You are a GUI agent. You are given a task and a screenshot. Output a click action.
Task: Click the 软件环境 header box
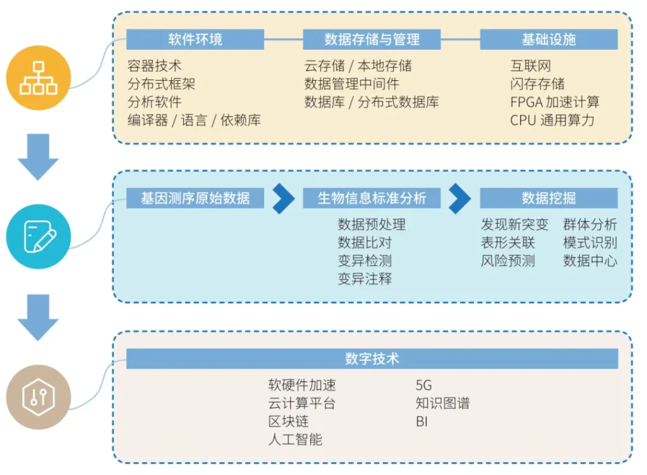click(x=195, y=40)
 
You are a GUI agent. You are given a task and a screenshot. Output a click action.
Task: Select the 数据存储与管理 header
click(x=372, y=40)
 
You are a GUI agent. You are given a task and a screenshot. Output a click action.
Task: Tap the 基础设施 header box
click(x=549, y=40)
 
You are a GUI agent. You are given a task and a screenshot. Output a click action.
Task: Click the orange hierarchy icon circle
click(x=39, y=78)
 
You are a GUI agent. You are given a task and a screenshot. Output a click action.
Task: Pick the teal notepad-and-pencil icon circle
click(x=39, y=237)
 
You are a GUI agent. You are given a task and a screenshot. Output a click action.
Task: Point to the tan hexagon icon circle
click(x=39, y=397)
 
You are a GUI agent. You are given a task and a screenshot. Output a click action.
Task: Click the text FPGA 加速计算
click(x=555, y=102)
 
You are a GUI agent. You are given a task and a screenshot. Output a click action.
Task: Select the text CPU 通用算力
click(x=552, y=120)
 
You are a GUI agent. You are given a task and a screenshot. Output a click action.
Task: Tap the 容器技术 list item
click(x=154, y=66)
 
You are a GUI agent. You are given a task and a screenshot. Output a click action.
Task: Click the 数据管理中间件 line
click(x=351, y=84)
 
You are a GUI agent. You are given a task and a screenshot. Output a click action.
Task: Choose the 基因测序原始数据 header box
click(x=195, y=198)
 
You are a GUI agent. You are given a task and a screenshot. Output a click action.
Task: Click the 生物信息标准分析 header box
click(x=372, y=198)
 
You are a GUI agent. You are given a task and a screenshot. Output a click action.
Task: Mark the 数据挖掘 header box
click(x=549, y=198)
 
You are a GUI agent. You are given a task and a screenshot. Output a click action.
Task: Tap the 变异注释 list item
click(x=365, y=279)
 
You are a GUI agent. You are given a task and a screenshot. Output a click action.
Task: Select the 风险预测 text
click(x=507, y=261)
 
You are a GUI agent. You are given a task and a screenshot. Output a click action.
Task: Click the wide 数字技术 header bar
click(x=372, y=359)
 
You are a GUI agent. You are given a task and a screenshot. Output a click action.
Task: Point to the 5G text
click(x=424, y=385)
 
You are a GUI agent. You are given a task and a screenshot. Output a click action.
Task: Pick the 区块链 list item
click(x=288, y=421)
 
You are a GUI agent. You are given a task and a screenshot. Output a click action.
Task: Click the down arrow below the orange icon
click(x=38, y=157)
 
